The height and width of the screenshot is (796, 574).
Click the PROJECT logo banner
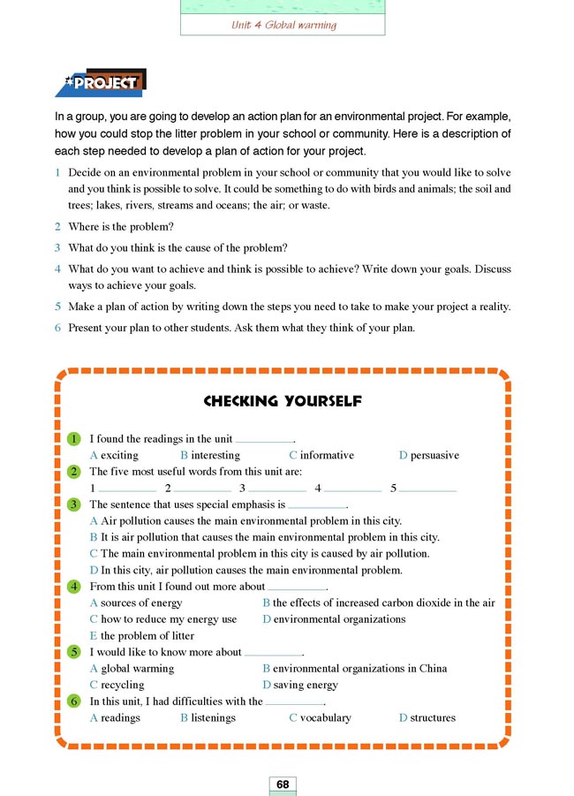click(100, 83)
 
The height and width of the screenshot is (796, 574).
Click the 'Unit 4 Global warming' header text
click(283, 25)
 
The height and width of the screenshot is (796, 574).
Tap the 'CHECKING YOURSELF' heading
click(283, 401)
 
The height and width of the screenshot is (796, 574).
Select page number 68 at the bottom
click(283, 785)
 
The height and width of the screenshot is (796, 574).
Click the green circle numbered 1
click(75, 439)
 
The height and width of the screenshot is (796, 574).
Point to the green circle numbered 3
click(75, 504)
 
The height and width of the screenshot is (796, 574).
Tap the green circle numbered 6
click(75, 701)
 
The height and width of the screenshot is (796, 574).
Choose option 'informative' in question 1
click(326, 455)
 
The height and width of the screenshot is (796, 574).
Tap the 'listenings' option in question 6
click(213, 717)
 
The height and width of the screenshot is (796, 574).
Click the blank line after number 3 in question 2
click(277, 489)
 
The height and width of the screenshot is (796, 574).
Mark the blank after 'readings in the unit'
click(264, 439)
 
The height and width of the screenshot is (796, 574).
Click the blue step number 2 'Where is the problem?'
click(57, 227)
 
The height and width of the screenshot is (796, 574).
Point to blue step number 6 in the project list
click(57, 328)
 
